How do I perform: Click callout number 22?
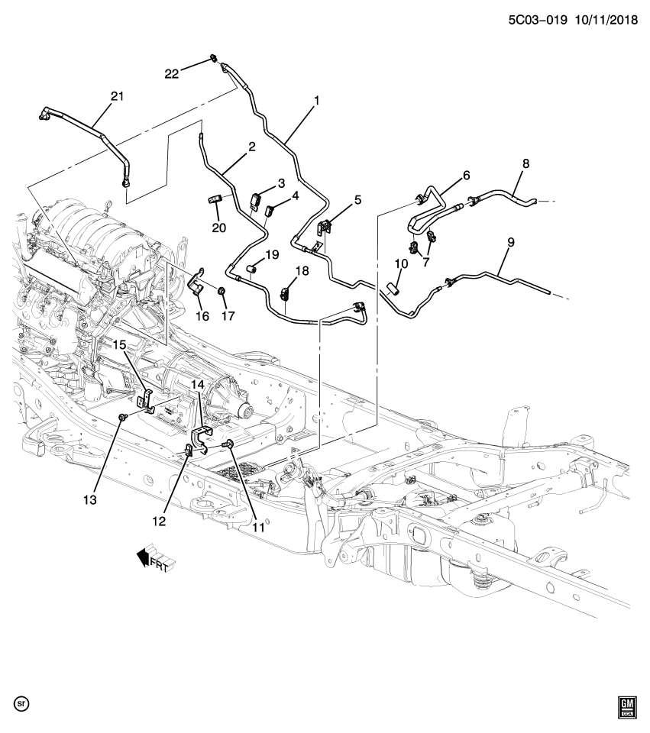pos(172,73)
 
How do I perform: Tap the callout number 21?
pos(116,96)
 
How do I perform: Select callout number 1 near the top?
pos(316,100)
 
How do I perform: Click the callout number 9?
pos(510,242)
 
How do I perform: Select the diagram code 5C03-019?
pos(537,22)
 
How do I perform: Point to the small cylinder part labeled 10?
pos(393,289)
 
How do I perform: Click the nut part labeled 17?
pos(221,291)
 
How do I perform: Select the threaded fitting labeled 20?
pos(215,200)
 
